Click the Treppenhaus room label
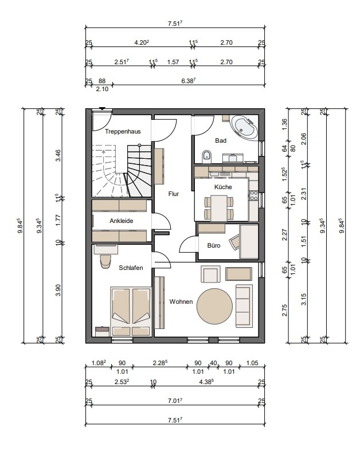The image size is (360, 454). point(123,131)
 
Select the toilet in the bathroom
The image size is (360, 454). point(206,156)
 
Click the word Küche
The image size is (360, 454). point(223,187)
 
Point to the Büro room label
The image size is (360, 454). point(214,245)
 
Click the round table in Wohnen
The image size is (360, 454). point(214,307)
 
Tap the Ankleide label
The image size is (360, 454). point(122,221)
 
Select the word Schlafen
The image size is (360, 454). point(131,268)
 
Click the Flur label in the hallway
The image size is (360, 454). point(174,194)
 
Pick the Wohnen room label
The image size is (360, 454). point(181,302)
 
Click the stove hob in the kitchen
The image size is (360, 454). point(254,195)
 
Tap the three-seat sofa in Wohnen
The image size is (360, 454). point(243,306)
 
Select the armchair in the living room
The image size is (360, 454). point(210,275)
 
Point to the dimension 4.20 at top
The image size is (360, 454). point(142,42)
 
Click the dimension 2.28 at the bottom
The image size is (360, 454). point(160,363)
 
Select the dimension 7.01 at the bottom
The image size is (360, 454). point(175,401)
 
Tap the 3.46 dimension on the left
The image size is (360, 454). point(58,155)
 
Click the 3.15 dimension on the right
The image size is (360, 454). point(303,299)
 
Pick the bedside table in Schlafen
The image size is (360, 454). point(102,331)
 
